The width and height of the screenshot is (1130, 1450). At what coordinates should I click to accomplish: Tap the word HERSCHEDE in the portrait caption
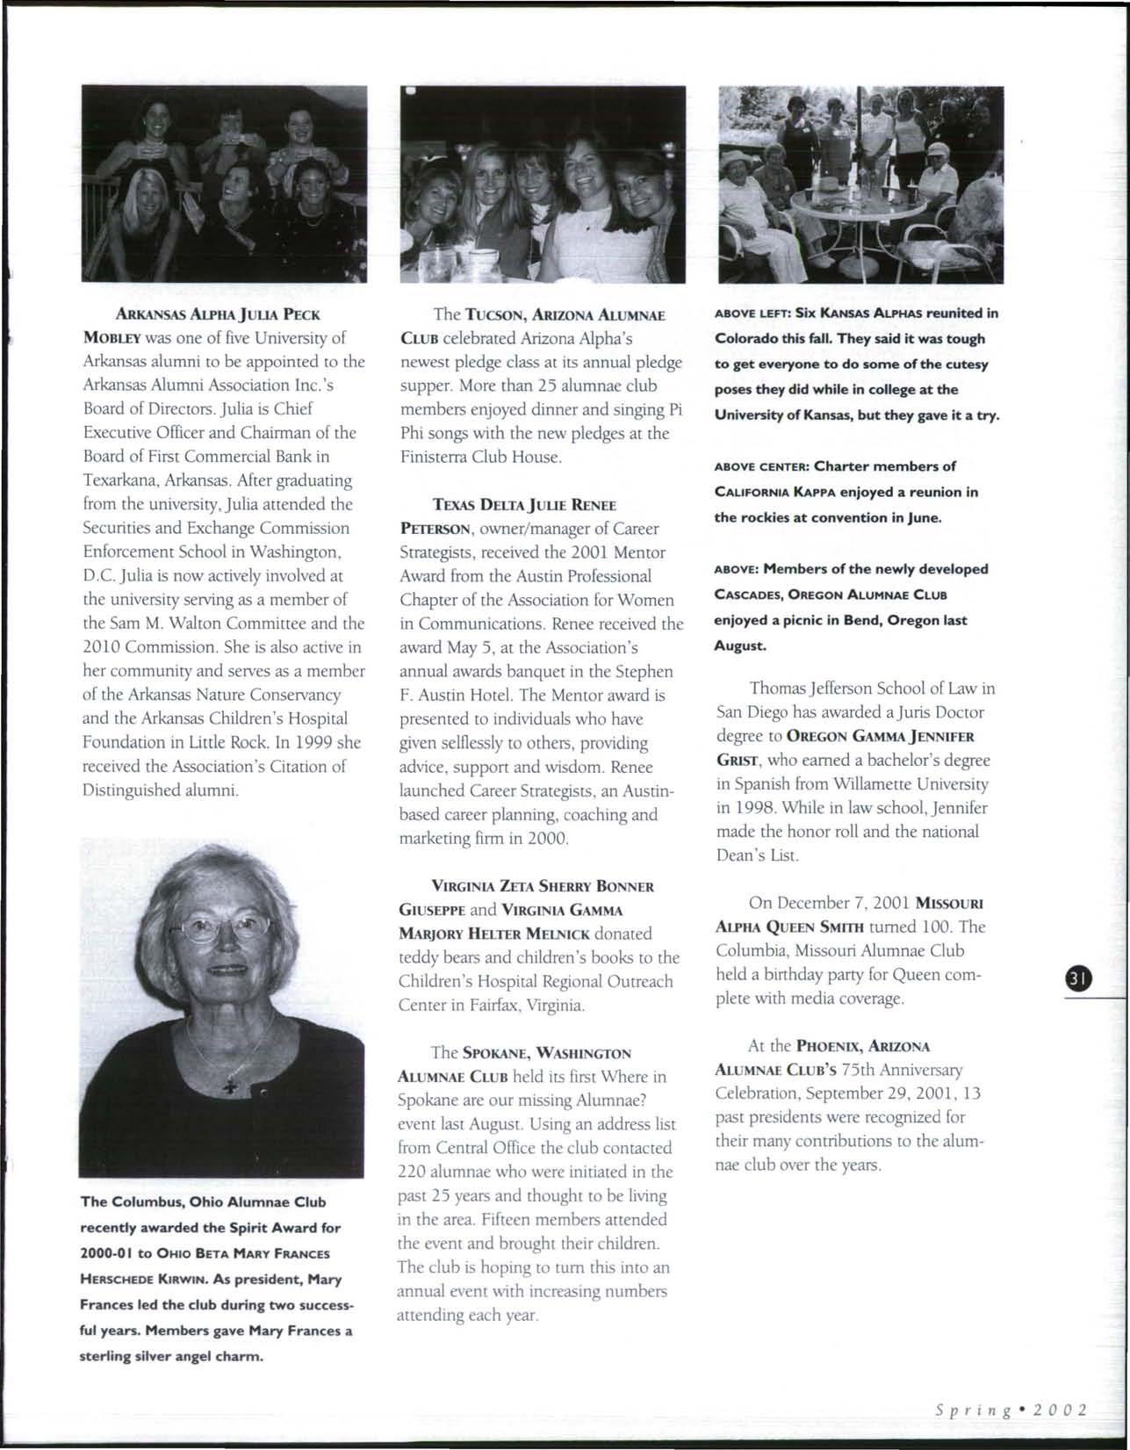click(112, 1280)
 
